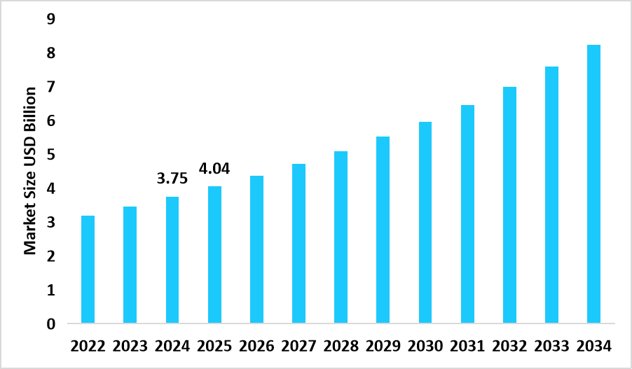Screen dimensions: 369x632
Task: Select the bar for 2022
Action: [88, 270]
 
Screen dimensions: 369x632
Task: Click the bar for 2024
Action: [172, 260]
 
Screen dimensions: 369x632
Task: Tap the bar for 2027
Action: [298, 244]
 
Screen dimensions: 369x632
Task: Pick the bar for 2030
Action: [425, 223]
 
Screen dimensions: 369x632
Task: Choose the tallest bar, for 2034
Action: [593, 184]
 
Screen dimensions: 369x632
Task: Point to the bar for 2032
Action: [509, 205]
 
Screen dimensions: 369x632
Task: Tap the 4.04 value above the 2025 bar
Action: [214, 168]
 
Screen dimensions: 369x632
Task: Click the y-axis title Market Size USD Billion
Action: [31, 171]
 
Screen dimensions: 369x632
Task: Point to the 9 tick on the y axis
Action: [50, 19]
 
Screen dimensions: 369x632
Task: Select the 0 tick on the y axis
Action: [50, 324]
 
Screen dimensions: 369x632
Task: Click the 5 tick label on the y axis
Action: [50, 155]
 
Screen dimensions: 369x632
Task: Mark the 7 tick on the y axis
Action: [50, 87]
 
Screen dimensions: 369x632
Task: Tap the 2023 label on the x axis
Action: [130, 347]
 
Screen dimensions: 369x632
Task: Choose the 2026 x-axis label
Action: [256, 347]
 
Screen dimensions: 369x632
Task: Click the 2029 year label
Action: [383, 347]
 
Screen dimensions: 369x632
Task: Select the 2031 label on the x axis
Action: [467, 347]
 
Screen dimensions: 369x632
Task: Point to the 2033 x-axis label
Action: [551, 347]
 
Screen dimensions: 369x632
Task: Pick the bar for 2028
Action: [341, 237]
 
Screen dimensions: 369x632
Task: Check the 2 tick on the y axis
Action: [50, 256]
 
